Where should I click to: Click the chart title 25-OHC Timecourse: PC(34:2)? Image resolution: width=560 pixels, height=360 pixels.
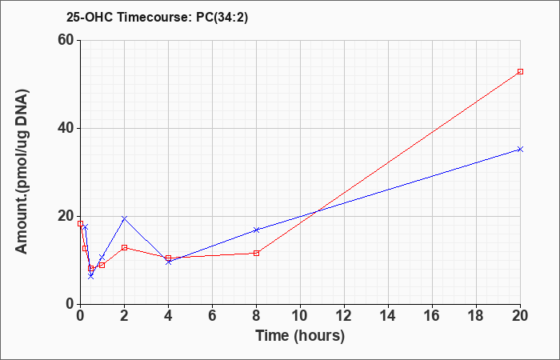157,18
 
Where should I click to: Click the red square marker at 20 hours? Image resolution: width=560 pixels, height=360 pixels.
520,71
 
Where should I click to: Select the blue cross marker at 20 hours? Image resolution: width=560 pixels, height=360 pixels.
520,150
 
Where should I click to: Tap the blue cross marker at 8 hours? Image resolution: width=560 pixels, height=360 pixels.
257,230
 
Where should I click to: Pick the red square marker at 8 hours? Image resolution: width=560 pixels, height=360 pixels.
257,254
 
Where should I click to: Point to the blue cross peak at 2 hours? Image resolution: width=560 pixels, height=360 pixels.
124,218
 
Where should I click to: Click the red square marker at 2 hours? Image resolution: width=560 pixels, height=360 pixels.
124,247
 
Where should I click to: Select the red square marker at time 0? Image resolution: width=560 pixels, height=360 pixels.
80,223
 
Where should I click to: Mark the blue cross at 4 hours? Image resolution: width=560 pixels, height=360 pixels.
169,262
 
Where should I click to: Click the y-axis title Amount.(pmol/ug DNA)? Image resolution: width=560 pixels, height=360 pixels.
22,172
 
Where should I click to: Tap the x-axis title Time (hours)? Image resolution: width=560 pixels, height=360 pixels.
300,336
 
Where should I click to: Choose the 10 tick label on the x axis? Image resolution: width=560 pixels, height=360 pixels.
300,316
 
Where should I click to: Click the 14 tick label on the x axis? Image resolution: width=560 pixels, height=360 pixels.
388,316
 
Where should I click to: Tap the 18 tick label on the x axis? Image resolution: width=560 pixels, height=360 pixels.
477,316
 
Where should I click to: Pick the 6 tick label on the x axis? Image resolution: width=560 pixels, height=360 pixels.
213,316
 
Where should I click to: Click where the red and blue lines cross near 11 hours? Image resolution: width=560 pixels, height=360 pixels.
317,212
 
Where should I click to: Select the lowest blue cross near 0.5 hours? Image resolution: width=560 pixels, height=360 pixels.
90,276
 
